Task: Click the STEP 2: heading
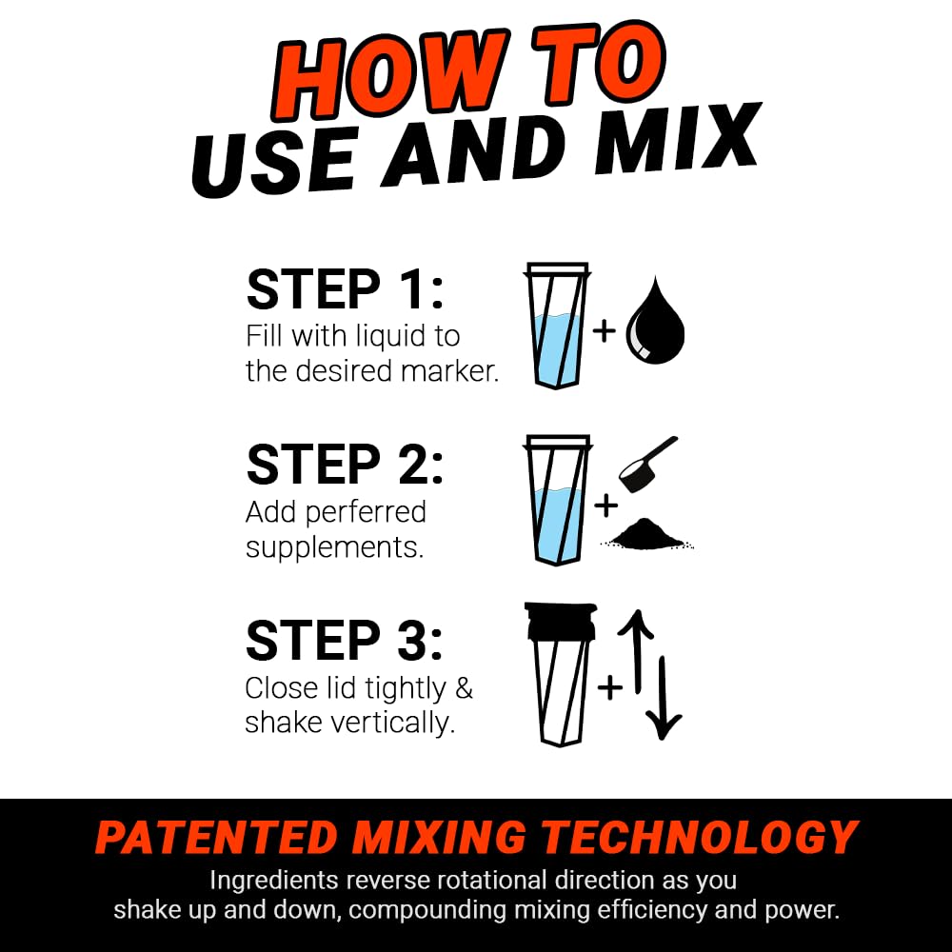[x=345, y=465]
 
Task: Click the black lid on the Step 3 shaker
[x=561, y=622]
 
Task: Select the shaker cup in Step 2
[x=558, y=500]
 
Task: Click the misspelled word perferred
[x=367, y=513]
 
